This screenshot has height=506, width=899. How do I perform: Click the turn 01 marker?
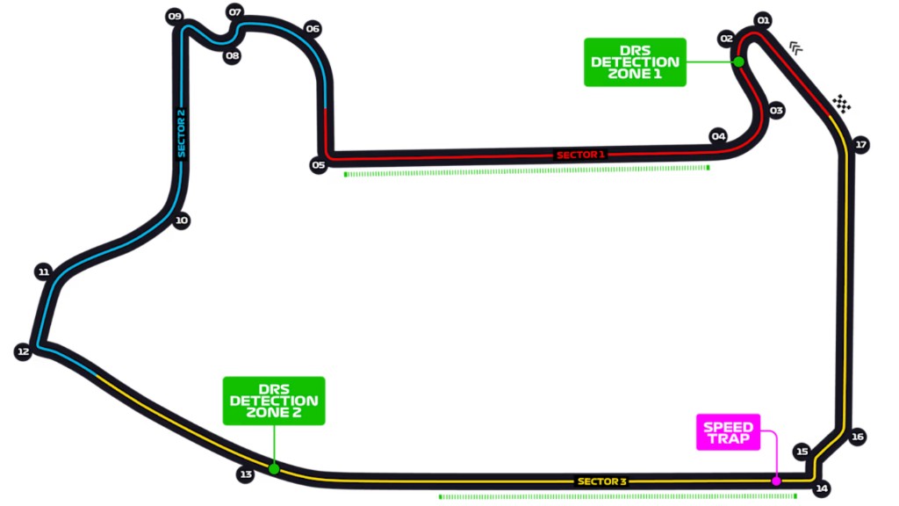[762, 20]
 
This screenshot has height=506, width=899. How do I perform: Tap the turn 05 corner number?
[318, 164]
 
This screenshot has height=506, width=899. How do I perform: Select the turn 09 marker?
[174, 17]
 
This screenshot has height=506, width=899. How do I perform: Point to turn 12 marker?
[23, 351]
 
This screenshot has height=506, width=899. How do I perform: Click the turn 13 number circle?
[246, 474]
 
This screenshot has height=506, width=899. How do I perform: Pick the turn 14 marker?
[822, 488]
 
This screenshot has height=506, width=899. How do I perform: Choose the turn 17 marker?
[860, 145]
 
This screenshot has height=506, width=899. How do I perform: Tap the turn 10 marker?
[181, 221]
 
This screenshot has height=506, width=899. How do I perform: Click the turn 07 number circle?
[234, 12]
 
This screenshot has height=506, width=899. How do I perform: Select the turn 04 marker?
[719, 136]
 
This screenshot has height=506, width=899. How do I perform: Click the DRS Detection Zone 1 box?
[635, 62]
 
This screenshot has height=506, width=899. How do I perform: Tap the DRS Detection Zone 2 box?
[274, 401]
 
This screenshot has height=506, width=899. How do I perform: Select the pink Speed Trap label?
[728, 432]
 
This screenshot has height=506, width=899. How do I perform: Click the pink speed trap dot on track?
[776, 481]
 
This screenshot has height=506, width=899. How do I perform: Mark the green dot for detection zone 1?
[739, 61]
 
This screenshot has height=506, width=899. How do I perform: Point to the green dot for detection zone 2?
[274, 469]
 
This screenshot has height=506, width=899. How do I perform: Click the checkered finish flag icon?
[842, 104]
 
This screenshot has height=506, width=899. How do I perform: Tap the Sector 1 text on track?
[580, 155]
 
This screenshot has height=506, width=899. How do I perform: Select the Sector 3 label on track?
[601, 481]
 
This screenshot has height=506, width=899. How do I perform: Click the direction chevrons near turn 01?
[796, 47]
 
